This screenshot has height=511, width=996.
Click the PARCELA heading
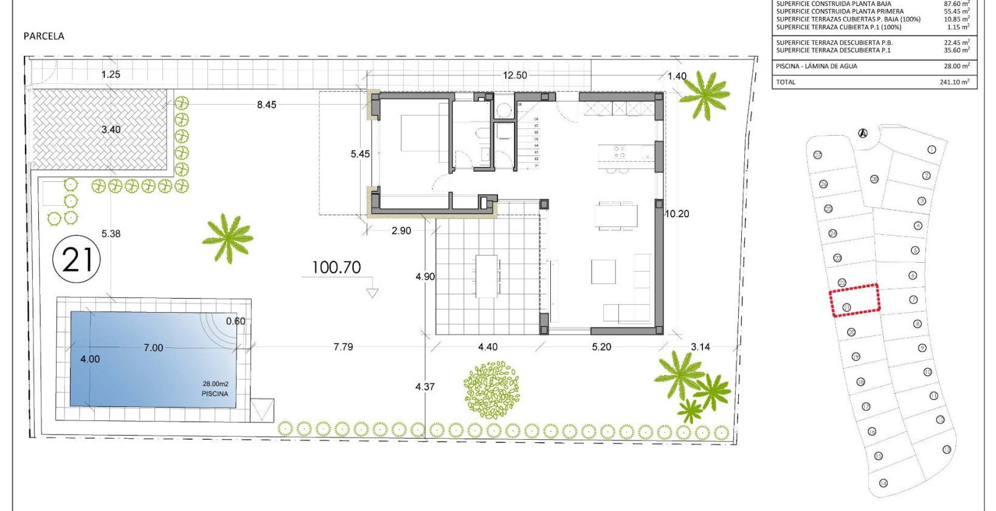click(44, 36)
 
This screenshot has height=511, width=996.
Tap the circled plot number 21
click(77, 260)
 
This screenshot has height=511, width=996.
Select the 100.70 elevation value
click(336, 267)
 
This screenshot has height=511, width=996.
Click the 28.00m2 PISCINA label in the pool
click(215, 389)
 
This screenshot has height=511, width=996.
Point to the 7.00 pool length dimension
click(153, 347)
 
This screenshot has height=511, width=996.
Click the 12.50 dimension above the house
click(514, 75)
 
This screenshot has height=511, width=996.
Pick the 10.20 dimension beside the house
click(677, 214)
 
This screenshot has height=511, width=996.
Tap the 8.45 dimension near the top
click(266, 105)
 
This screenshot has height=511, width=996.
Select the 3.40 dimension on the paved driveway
click(111, 130)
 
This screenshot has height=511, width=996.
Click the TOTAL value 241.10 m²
click(955, 82)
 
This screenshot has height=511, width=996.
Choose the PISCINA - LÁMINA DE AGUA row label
click(816, 66)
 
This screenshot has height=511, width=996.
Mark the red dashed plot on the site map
click(854, 299)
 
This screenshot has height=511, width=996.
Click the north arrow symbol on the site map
click(863, 133)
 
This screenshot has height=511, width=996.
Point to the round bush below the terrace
click(491, 390)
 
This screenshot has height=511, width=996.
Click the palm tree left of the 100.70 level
click(228, 237)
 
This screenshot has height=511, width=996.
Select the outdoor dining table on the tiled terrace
click(487, 276)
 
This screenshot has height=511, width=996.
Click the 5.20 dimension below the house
click(601, 347)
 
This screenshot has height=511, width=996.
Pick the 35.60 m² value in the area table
click(956, 50)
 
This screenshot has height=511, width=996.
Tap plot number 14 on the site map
click(883, 483)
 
